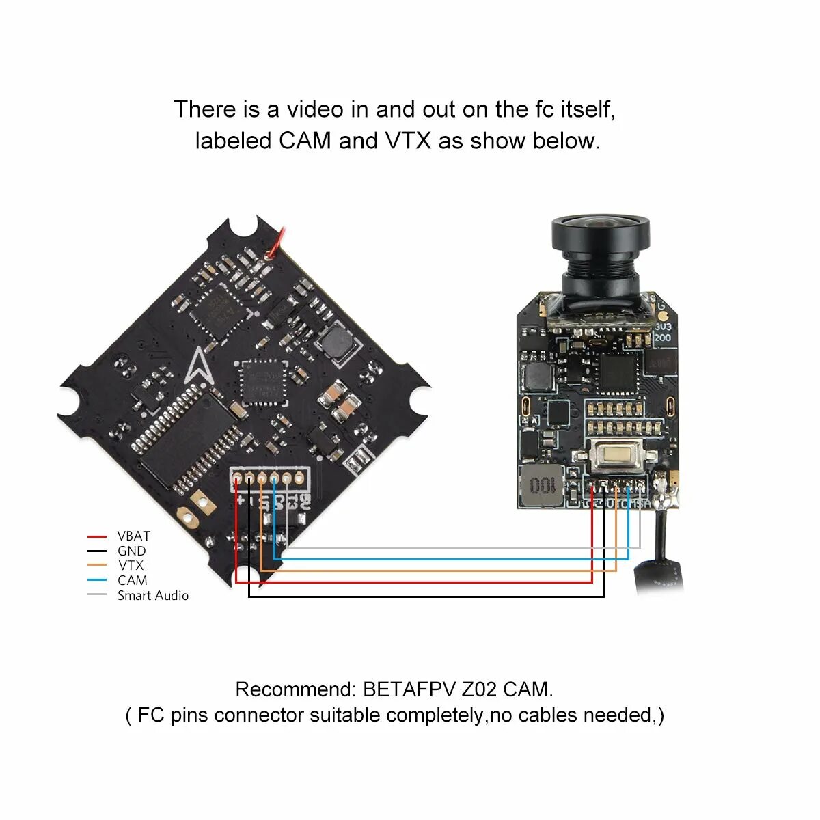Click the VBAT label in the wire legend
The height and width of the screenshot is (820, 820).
point(133,536)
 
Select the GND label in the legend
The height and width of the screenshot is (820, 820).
point(131,551)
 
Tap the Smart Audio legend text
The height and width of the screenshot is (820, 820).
point(152,596)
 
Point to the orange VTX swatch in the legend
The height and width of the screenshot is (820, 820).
point(98,565)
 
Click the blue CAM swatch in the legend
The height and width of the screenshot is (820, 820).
point(98,580)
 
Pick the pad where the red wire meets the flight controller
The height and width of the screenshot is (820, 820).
point(237,479)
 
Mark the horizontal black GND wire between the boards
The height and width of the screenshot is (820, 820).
point(424,597)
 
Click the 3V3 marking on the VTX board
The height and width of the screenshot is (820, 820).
point(663,327)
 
